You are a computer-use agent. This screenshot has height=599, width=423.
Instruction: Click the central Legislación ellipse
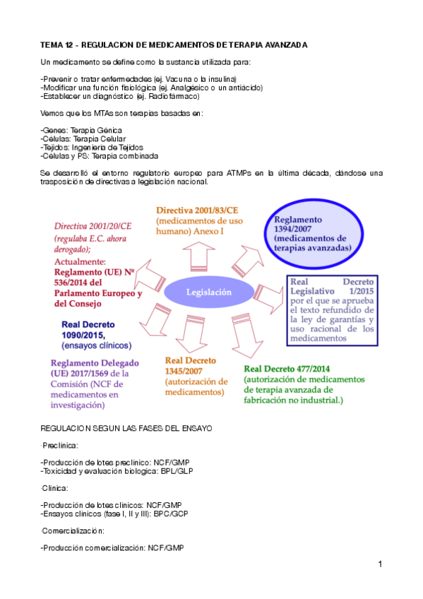(x=208, y=292)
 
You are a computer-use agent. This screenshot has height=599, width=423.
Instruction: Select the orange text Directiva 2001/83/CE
(x=197, y=211)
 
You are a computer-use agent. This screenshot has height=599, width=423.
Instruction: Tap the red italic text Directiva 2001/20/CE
(x=92, y=225)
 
